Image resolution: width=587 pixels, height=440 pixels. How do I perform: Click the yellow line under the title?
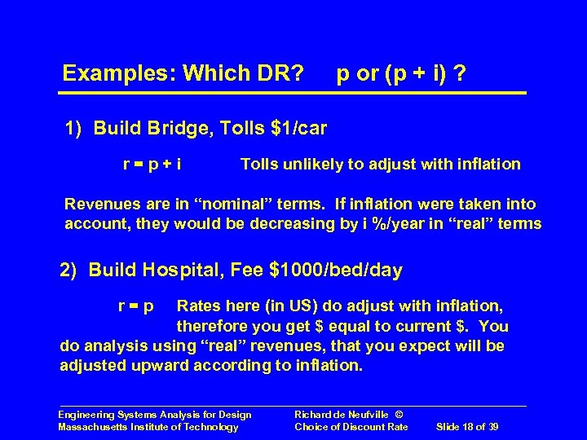click(294, 93)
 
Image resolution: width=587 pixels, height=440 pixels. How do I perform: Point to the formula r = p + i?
click(152, 165)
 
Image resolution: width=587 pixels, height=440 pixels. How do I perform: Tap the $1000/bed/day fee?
click(341, 271)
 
